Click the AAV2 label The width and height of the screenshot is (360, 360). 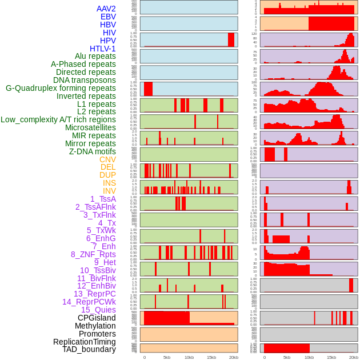click(106, 9)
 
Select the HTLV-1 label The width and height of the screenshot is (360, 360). click(102, 49)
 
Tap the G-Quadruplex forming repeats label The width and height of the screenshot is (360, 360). click(61, 88)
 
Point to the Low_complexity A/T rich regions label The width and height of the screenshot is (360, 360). click(58, 119)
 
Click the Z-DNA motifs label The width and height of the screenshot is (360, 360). click(92, 151)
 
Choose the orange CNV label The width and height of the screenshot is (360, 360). click(107, 159)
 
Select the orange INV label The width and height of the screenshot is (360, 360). click(109, 191)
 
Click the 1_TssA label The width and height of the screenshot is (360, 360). click(103, 199)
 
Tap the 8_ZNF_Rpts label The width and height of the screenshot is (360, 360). click(93, 254)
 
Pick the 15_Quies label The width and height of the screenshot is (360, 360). click(98, 310)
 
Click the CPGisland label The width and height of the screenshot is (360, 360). click(97, 318)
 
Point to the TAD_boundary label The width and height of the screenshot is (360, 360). click(89, 349)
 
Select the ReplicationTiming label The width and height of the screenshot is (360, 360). click(84, 342)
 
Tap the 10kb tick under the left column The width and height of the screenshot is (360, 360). click(189, 357)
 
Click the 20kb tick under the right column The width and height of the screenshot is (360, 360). click(354, 357)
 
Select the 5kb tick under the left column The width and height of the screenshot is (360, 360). click(167, 357)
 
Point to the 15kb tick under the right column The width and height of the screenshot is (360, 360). click(331, 357)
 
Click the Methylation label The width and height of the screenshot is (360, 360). click(95, 326)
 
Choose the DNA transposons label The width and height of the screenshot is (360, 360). click(85, 80)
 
